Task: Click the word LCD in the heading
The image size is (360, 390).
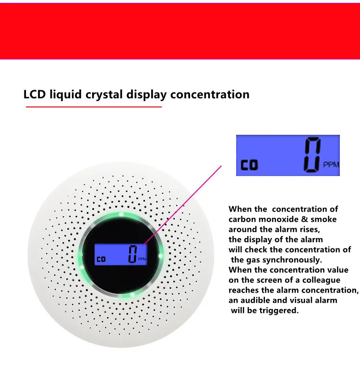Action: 35,94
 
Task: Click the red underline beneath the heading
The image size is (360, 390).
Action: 94,107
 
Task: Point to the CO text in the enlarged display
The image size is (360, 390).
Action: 250,165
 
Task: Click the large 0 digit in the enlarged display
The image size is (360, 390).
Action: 312,154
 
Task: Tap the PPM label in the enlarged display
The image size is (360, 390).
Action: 332,165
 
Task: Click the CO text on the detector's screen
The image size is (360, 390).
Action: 101,260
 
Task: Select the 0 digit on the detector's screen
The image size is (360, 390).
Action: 132,254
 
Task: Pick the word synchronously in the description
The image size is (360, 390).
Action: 294,260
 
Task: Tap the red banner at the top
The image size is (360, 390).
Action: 180,29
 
